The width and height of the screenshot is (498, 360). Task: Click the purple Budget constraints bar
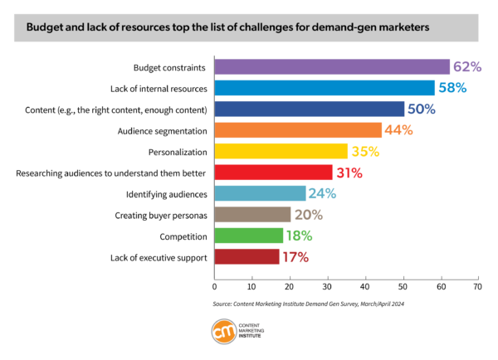331,67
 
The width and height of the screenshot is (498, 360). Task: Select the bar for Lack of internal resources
324,88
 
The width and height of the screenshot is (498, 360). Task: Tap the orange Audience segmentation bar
297,130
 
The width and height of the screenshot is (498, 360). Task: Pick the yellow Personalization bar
281,151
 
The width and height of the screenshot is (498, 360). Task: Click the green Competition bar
248,236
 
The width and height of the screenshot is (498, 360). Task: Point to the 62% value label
466,67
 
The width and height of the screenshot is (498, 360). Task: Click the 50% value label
421,109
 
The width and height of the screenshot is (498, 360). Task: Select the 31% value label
349,173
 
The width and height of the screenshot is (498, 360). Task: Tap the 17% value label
295,257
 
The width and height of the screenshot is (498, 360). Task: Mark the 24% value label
322,194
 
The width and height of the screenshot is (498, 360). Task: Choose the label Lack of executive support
159,257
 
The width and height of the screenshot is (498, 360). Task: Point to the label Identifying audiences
166,194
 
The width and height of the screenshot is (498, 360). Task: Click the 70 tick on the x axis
477,285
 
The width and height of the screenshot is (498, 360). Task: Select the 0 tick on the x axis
214,285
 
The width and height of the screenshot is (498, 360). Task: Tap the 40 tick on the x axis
364,285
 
